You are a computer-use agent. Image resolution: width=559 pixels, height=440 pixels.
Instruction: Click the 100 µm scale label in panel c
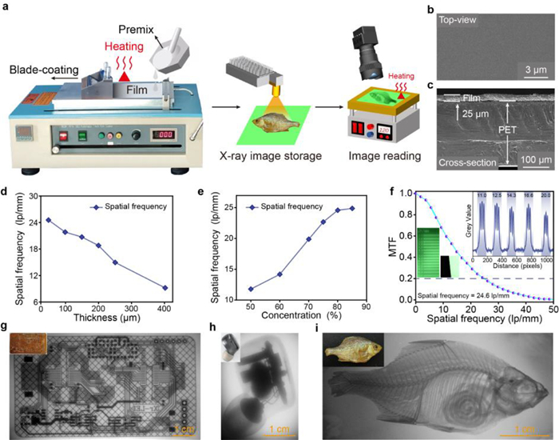click(523, 162)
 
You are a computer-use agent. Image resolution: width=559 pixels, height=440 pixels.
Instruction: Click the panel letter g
click(6, 327)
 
